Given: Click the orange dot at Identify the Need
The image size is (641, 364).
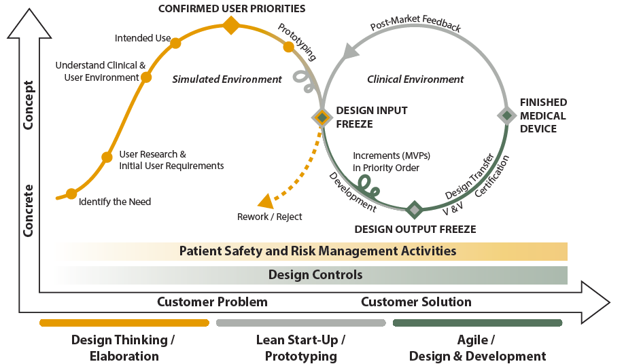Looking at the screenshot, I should (x=71, y=194).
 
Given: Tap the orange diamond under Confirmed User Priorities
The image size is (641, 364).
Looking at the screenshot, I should (x=231, y=26).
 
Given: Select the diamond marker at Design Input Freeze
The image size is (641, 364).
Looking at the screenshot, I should (x=322, y=117).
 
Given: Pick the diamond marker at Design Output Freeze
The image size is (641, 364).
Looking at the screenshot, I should (x=415, y=209).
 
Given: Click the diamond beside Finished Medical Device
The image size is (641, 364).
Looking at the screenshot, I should (x=506, y=115).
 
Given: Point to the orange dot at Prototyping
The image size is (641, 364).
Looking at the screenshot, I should (x=288, y=47).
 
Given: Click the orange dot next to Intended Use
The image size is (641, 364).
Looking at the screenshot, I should (x=175, y=43).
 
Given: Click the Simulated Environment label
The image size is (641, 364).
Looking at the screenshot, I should (x=226, y=79).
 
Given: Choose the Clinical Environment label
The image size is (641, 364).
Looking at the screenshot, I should (x=415, y=79).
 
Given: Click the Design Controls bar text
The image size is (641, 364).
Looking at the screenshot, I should (x=315, y=275).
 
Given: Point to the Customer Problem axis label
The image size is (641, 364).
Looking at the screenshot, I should (x=212, y=302).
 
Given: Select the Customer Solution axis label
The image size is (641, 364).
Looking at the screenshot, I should (x=416, y=302).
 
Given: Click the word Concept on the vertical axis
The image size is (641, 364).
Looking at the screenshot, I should (x=29, y=105).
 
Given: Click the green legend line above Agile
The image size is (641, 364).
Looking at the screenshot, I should (x=477, y=323).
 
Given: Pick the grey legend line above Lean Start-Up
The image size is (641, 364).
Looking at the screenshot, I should (x=300, y=323).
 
